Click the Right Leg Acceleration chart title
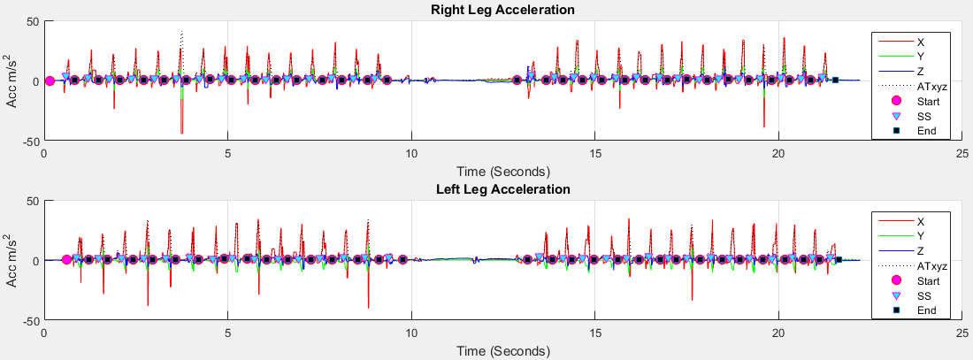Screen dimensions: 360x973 pyautogui.click(x=502, y=10)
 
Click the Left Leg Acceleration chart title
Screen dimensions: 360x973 pyautogui.click(x=502, y=189)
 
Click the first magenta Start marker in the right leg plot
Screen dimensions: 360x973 pyautogui.click(x=50, y=80)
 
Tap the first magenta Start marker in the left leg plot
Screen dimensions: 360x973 pyautogui.click(x=66, y=260)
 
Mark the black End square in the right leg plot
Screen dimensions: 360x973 pyautogui.click(x=835, y=80)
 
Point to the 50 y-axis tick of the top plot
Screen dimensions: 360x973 pyautogui.click(x=33, y=21)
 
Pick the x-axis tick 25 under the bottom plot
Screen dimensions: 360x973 pyautogui.click(x=962, y=333)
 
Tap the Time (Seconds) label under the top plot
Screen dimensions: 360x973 pyautogui.click(x=502, y=171)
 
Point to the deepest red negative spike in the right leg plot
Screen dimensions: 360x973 pyautogui.click(x=181, y=133)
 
